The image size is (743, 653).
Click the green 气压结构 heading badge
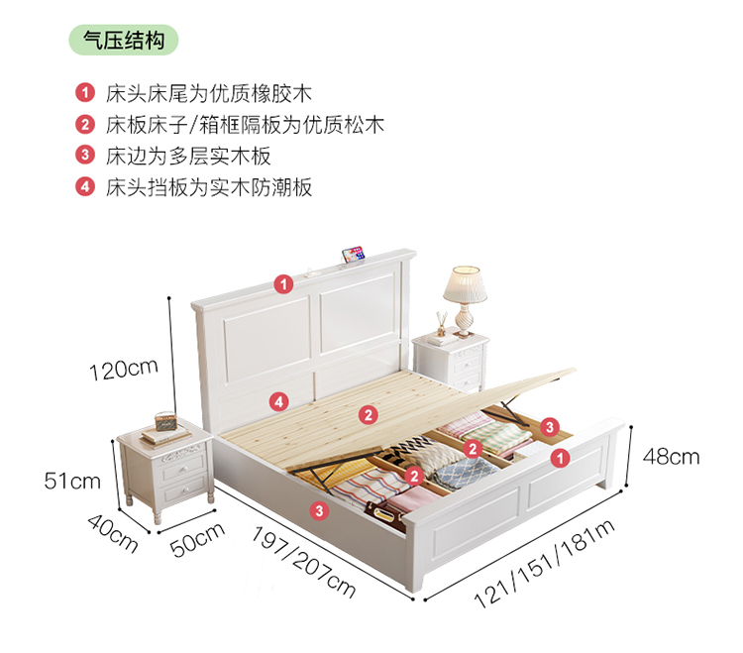coord(124,41)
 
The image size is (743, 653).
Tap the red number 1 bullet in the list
coord(85,94)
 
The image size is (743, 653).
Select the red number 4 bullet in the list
coord(85,186)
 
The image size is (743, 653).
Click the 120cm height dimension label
coord(123,370)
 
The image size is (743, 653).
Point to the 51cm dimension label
coord(72,482)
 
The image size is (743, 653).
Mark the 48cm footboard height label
coord(671,457)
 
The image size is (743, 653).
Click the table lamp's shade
coord(466,284)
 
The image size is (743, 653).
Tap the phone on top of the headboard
coord(351,256)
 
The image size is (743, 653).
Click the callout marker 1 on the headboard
coord(284,284)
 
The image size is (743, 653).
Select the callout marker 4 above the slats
coord(280,401)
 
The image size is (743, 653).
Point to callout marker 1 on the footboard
coord(560,458)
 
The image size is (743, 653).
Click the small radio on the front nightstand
coord(163,427)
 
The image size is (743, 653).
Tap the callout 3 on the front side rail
coord(319,510)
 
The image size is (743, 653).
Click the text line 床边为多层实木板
coord(188,156)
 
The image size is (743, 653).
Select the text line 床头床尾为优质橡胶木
coord(209,94)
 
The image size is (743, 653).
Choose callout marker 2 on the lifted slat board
coord(368,414)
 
